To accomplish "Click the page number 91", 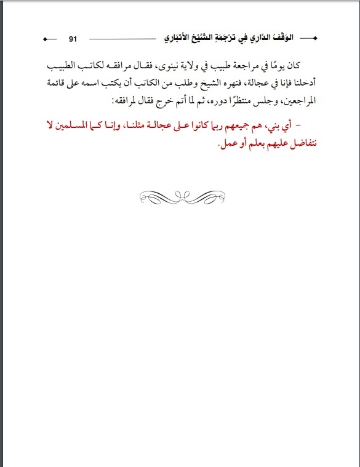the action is pyautogui.click(x=72, y=38).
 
